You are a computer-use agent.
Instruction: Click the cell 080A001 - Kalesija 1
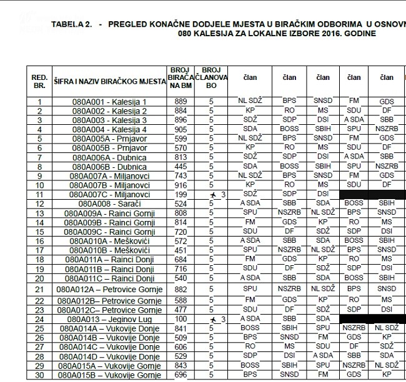pyautogui.click(x=109, y=102)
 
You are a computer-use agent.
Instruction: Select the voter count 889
pyautogui.click(x=181, y=102)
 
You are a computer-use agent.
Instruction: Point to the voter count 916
pyautogui.click(x=181, y=185)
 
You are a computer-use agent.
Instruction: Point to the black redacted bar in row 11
pyautogui.click(x=371, y=195)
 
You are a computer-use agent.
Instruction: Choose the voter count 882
pyautogui.click(x=181, y=289)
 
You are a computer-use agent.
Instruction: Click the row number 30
pyautogui.click(x=39, y=375)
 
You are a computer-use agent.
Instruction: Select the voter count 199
pyautogui.click(x=181, y=195)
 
